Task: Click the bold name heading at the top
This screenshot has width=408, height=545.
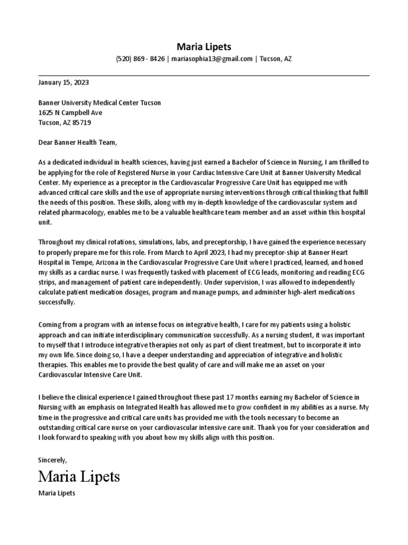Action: coord(203,46)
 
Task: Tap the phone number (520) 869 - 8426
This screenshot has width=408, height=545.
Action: coord(140,59)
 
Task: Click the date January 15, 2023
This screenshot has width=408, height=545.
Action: coord(63,83)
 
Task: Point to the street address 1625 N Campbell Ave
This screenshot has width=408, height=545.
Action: coord(70,113)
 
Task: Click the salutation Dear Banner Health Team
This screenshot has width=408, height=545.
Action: coord(76,143)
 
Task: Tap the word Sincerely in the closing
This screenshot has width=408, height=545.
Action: coord(53,459)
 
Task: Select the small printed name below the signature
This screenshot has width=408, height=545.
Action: coord(57,493)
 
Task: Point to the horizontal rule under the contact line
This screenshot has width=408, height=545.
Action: coord(203,76)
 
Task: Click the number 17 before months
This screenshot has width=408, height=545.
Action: coord(233,397)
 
